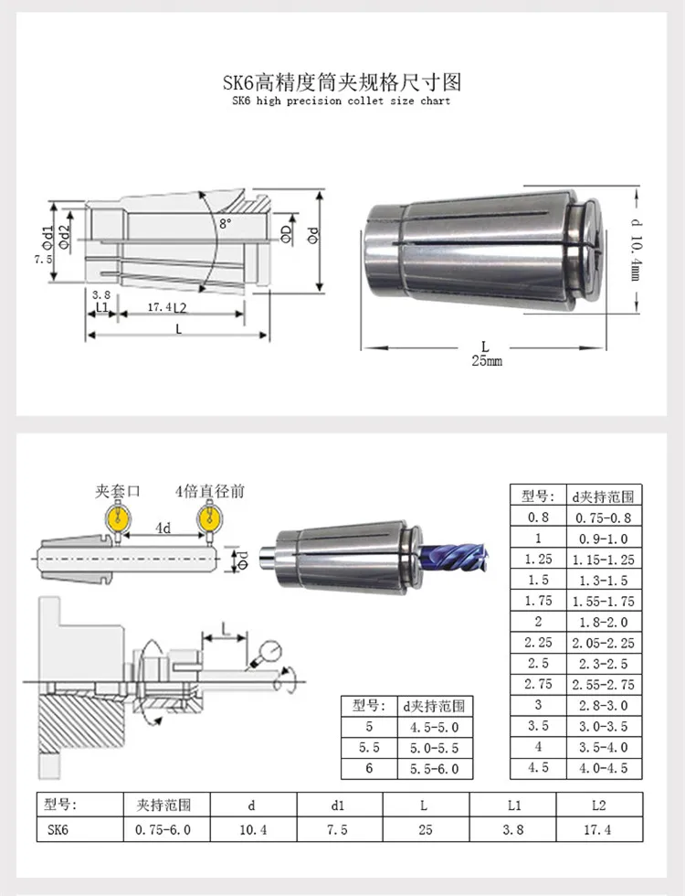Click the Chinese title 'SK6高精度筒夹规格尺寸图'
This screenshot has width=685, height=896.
pyautogui.click(x=342, y=83)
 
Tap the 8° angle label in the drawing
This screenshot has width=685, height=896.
pyautogui.click(x=226, y=223)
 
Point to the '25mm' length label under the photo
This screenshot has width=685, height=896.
pyautogui.click(x=486, y=360)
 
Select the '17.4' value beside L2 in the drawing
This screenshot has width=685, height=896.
pyautogui.click(x=159, y=307)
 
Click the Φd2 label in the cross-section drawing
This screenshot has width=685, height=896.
pyautogui.click(x=65, y=236)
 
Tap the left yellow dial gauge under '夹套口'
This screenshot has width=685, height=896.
pyautogui.click(x=118, y=517)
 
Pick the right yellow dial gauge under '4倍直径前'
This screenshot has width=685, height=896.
pyautogui.click(x=209, y=517)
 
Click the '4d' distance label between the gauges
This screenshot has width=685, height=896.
pyautogui.click(x=163, y=528)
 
